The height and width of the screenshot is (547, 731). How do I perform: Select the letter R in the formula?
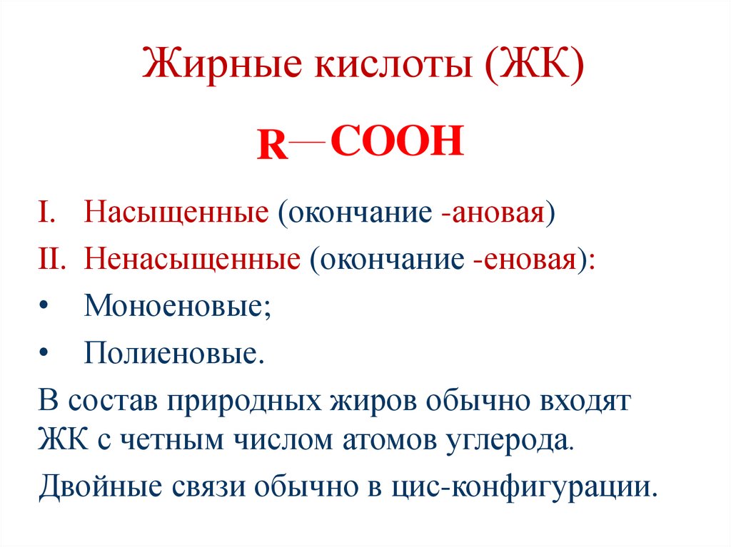(x=272, y=148)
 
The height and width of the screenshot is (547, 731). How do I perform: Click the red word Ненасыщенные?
(x=191, y=261)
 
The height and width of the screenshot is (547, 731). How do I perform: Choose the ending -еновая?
(x=525, y=261)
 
